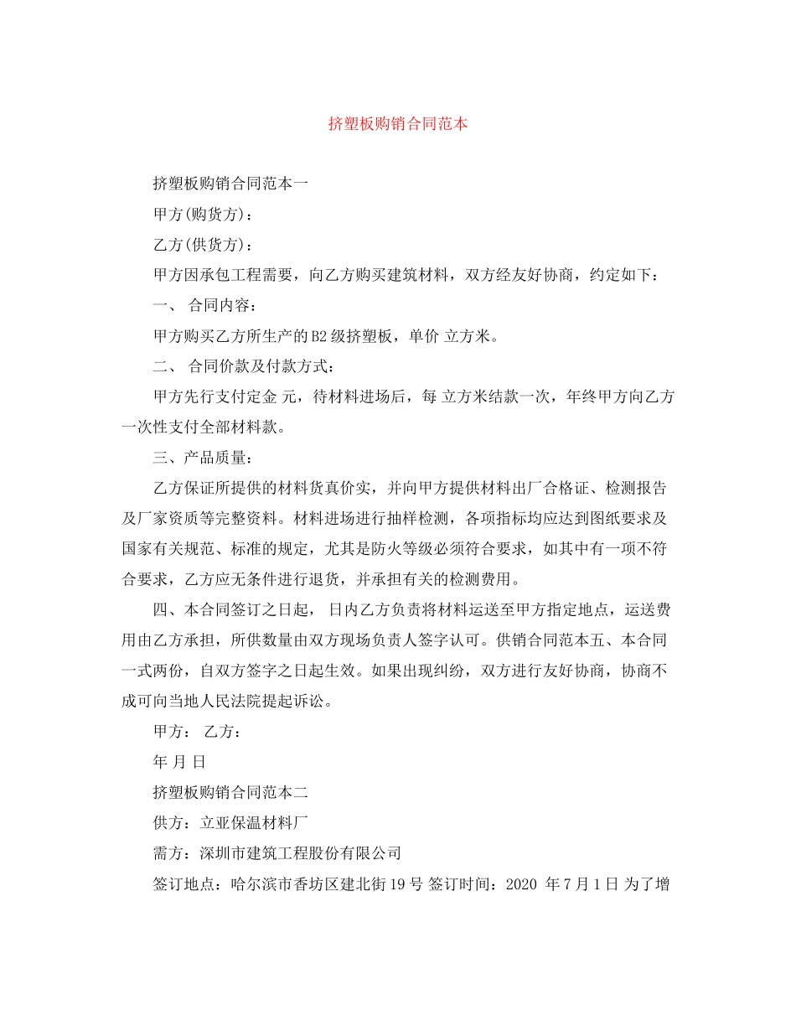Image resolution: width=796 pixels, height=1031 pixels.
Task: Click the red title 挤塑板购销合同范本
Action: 398,124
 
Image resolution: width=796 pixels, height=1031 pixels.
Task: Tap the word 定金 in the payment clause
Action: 266,397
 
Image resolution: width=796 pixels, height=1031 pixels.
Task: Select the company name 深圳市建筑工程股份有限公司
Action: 301,853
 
